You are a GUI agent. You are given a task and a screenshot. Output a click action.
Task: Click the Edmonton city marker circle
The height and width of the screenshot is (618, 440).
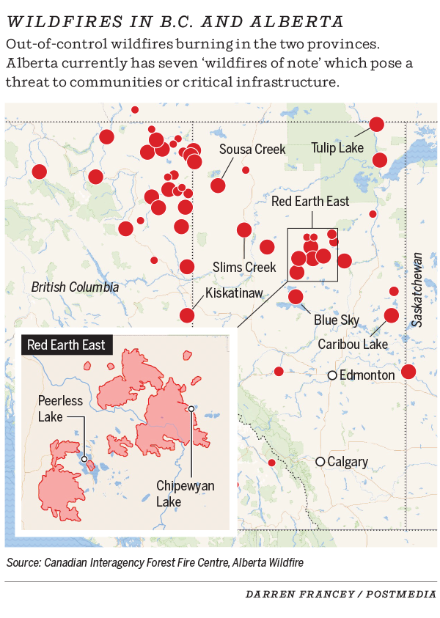point(332,375)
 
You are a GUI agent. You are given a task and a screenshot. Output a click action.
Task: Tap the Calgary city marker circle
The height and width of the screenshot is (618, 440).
point(320,462)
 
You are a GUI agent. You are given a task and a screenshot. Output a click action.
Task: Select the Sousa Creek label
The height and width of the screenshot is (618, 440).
point(252,150)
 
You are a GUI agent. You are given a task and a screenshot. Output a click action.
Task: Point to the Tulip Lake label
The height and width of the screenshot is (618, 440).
point(337,148)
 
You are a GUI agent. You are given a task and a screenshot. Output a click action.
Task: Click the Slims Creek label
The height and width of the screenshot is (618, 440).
point(244,267)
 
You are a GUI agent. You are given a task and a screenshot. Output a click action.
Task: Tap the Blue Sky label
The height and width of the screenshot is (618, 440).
point(337,320)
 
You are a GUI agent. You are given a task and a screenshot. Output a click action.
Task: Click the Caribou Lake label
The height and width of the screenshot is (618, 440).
point(353,344)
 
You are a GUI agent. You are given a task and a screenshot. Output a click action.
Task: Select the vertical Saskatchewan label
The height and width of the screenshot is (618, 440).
point(417,289)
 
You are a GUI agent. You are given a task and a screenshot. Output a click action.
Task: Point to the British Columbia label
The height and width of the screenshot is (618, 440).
point(75,287)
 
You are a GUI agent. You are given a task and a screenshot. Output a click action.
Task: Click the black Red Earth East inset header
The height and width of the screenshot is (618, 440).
point(66,345)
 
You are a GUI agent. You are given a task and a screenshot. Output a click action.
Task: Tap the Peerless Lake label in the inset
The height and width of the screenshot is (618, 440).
point(60,408)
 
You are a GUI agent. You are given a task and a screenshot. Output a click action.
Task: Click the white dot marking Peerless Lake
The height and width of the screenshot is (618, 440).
point(84,459)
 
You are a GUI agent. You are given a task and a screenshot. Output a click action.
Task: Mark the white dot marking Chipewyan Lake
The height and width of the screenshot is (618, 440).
point(191,408)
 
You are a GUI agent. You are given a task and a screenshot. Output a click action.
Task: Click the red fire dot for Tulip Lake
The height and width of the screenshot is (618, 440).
point(377,125)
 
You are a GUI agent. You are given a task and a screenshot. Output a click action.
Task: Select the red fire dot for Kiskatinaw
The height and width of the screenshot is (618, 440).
point(187,315)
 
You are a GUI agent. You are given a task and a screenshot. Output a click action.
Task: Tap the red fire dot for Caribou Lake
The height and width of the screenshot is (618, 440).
point(391,315)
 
